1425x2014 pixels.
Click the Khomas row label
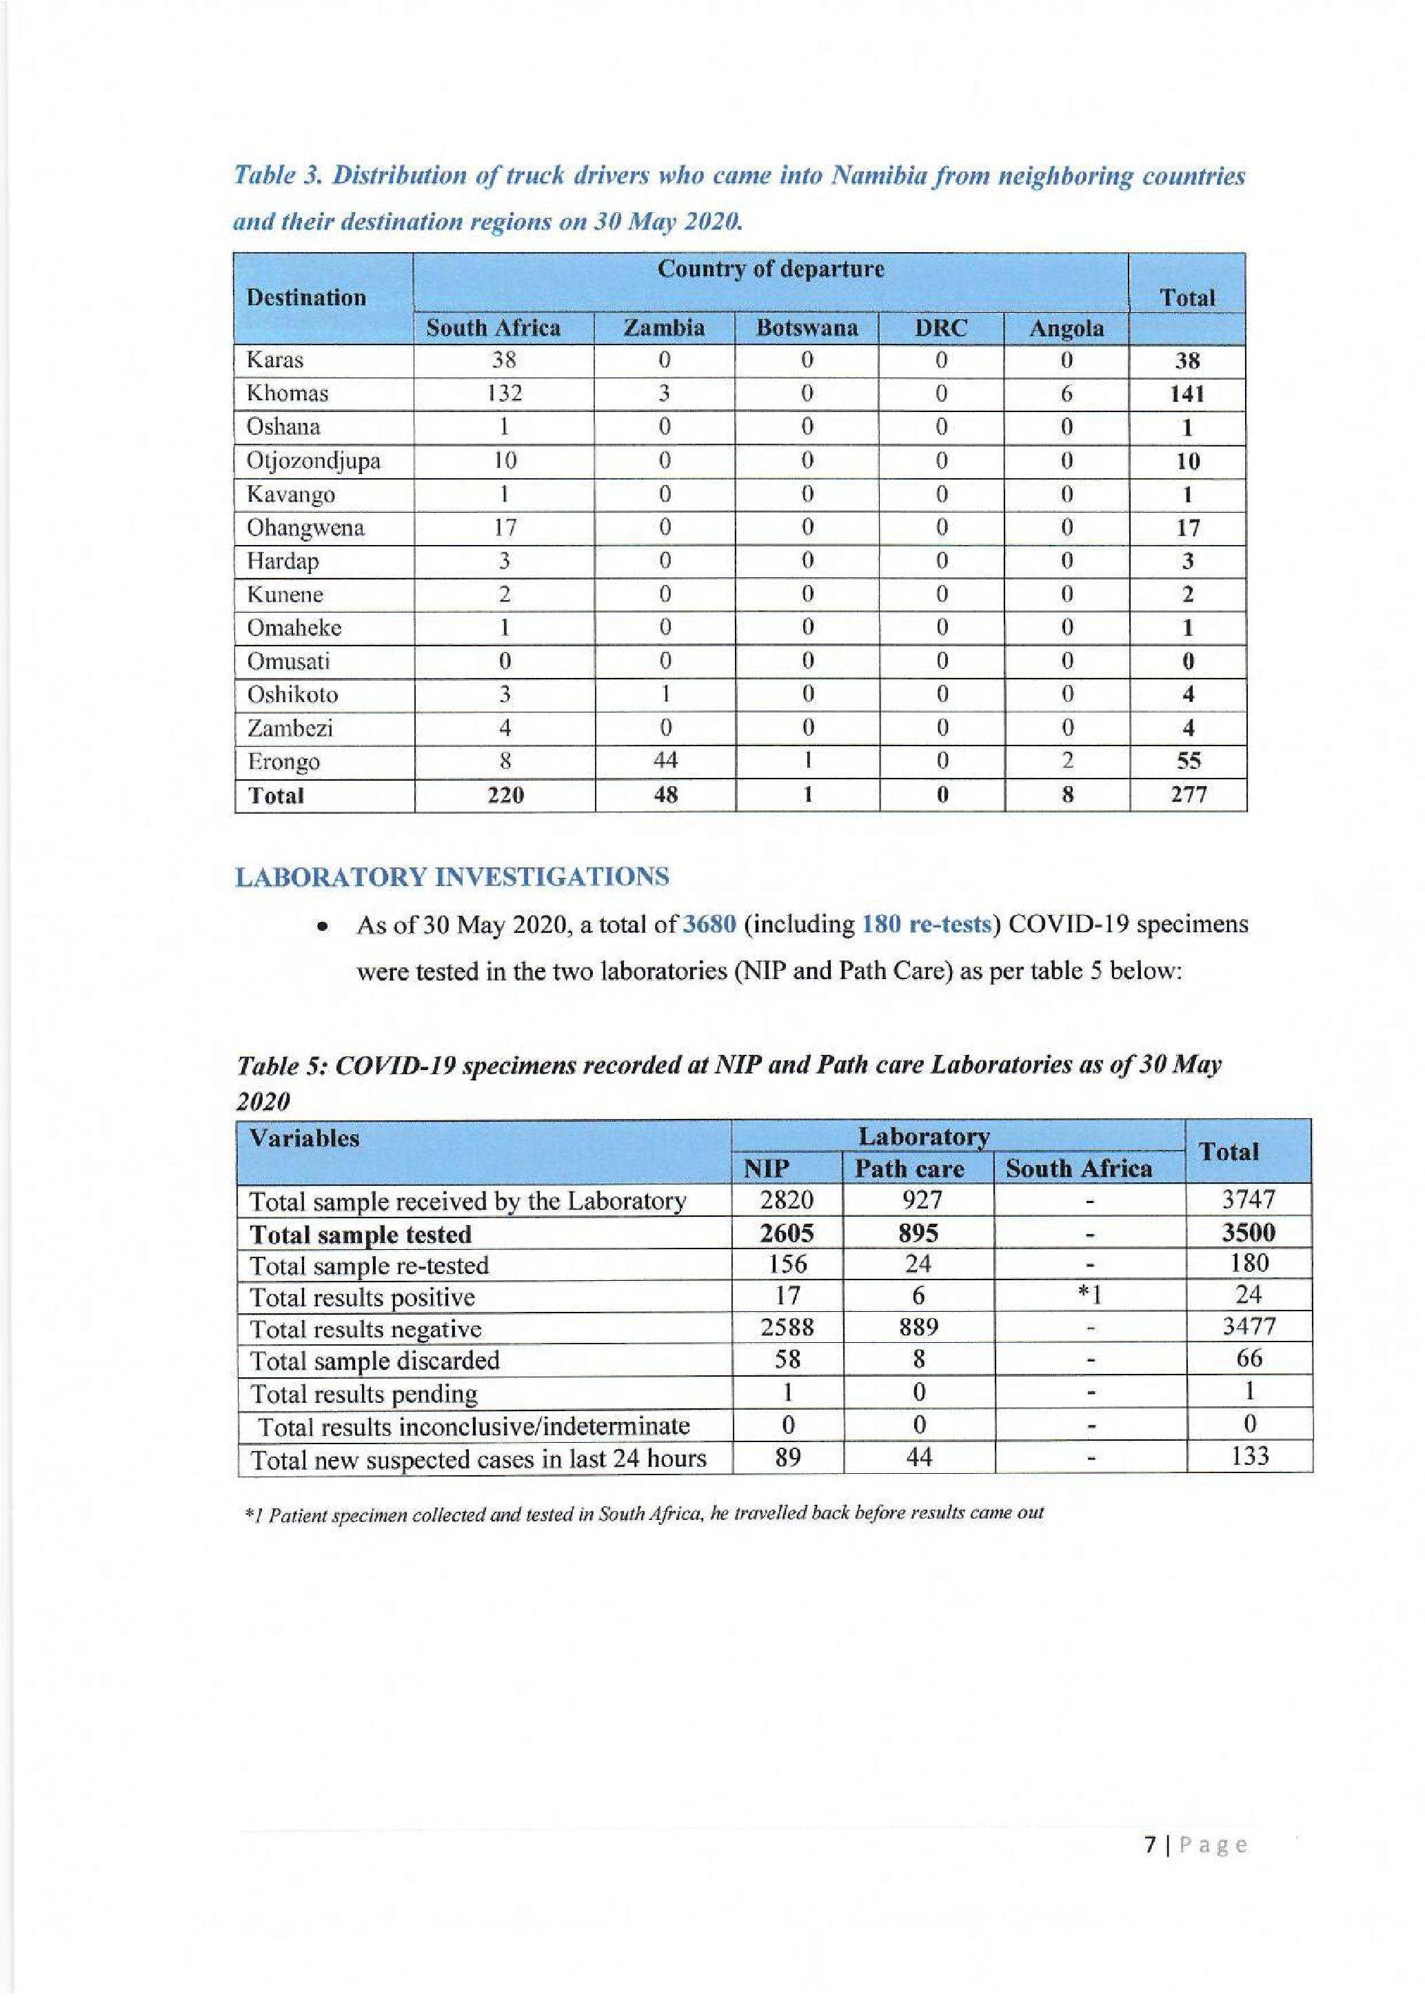[287, 394]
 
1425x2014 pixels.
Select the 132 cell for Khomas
[504, 394]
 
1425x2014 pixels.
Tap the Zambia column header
[663, 328]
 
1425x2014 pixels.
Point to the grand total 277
[1188, 794]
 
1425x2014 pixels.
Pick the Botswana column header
[807, 328]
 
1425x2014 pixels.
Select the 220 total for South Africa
[505, 794]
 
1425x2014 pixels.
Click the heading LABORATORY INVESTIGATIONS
[452, 877]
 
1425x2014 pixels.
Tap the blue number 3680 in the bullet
[709, 925]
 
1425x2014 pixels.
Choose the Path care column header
[909, 1169]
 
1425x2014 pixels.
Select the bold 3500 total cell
[1249, 1233]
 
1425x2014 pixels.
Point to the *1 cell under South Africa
[1090, 1295]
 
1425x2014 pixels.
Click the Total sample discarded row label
[374, 1361]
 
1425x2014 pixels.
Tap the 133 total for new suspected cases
[1249, 1456]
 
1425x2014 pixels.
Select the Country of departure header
[771, 269]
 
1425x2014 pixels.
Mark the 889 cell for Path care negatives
[918, 1326]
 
